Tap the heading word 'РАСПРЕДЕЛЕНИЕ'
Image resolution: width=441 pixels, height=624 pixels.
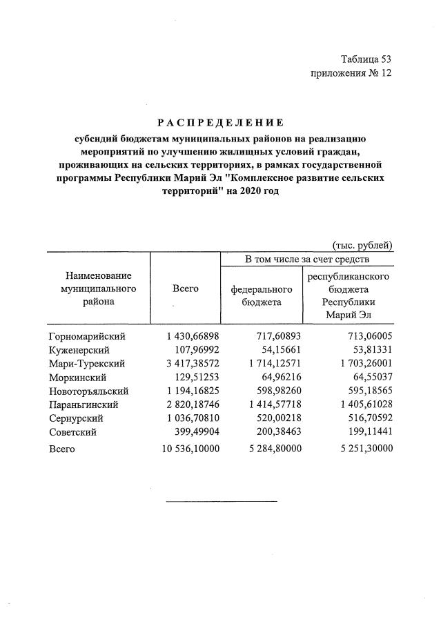click(x=220, y=123)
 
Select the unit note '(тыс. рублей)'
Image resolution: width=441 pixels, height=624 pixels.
click(x=362, y=244)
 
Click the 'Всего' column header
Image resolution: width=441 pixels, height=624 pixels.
click(x=185, y=289)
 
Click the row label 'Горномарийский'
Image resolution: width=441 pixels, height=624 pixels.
click(x=87, y=336)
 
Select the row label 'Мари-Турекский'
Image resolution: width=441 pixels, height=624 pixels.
click(x=86, y=363)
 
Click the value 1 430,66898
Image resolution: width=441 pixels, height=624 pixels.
click(x=193, y=336)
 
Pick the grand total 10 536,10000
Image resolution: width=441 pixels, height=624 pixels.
click(x=190, y=449)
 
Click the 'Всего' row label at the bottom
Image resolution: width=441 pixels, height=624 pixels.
click(x=62, y=449)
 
